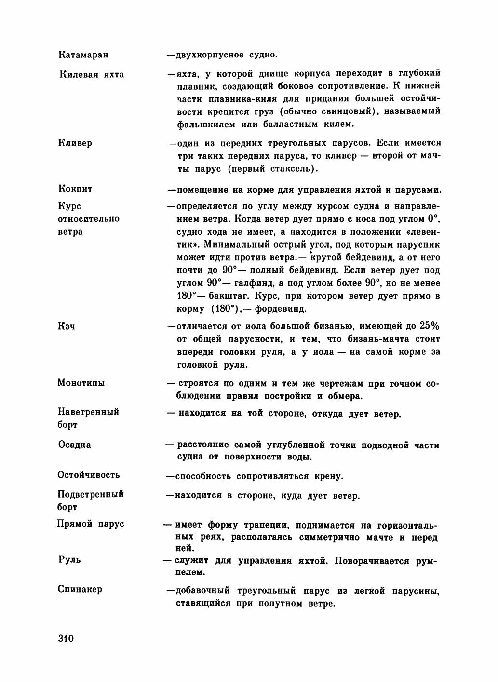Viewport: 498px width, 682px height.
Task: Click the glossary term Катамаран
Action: pos(83,55)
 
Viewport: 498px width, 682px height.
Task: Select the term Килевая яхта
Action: pos(92,74)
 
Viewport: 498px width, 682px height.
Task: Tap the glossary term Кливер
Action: pos(75,143)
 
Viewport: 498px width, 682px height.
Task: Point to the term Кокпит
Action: pos(75,189)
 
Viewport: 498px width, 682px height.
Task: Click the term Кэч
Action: pos(66,326)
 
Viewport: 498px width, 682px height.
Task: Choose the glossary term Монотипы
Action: pos(81,383)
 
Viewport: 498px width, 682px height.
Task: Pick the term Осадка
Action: pos(74,445)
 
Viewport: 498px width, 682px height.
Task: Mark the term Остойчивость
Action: pos(89,474)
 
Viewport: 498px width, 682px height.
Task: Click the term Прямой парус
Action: pos(91,524)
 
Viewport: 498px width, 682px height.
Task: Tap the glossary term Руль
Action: pos(69,560)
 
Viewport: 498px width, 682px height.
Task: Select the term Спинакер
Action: pos(80,589)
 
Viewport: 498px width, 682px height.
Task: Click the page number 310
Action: pos(65,639)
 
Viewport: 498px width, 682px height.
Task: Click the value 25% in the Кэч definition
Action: pos(430,326)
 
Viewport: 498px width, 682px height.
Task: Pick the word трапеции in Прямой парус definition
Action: pos(262,525)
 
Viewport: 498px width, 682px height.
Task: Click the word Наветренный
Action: pos(88,412)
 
